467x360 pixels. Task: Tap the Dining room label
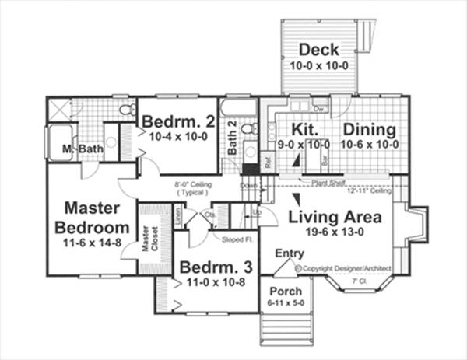[x=370, y=129]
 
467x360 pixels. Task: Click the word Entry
[x=290, y=253]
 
